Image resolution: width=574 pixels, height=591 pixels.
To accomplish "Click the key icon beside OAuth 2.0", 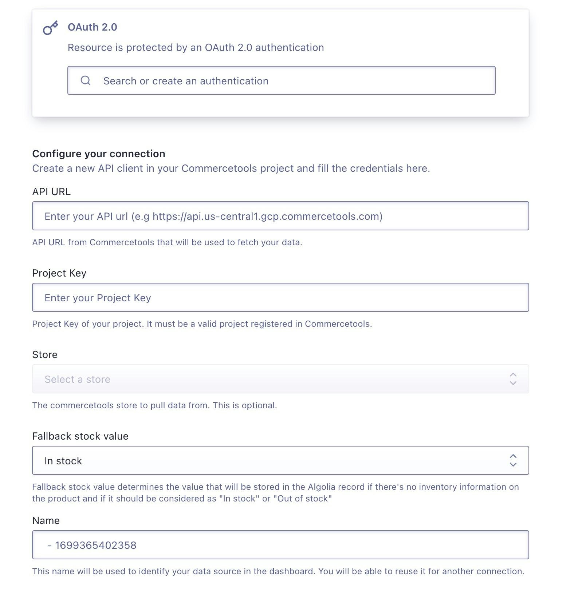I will pos(50,28).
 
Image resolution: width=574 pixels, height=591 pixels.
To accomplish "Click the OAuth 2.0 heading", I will pos(92,27).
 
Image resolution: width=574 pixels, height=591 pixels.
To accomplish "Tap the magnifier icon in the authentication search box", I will pos(86,80).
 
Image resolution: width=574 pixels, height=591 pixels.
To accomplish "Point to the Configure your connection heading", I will pos(98,154).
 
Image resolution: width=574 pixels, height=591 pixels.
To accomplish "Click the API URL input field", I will pos(280,216).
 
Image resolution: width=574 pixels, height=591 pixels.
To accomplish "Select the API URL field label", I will pos(51,192).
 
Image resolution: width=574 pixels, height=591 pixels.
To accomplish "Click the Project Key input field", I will pos(280,297).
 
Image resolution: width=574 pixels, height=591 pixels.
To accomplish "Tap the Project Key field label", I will pos(59,273).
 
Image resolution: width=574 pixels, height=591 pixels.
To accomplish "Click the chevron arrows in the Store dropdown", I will pos(513,379).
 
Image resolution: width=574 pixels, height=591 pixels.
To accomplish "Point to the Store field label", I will pos(45,355).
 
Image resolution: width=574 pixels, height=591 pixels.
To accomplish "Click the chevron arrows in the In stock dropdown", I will pos(513,460).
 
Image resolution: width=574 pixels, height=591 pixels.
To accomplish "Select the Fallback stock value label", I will pos(80,436).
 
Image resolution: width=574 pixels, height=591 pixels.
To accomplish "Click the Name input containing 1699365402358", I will pos(280,545).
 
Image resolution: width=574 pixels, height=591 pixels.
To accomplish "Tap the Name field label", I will pos(46,521).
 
